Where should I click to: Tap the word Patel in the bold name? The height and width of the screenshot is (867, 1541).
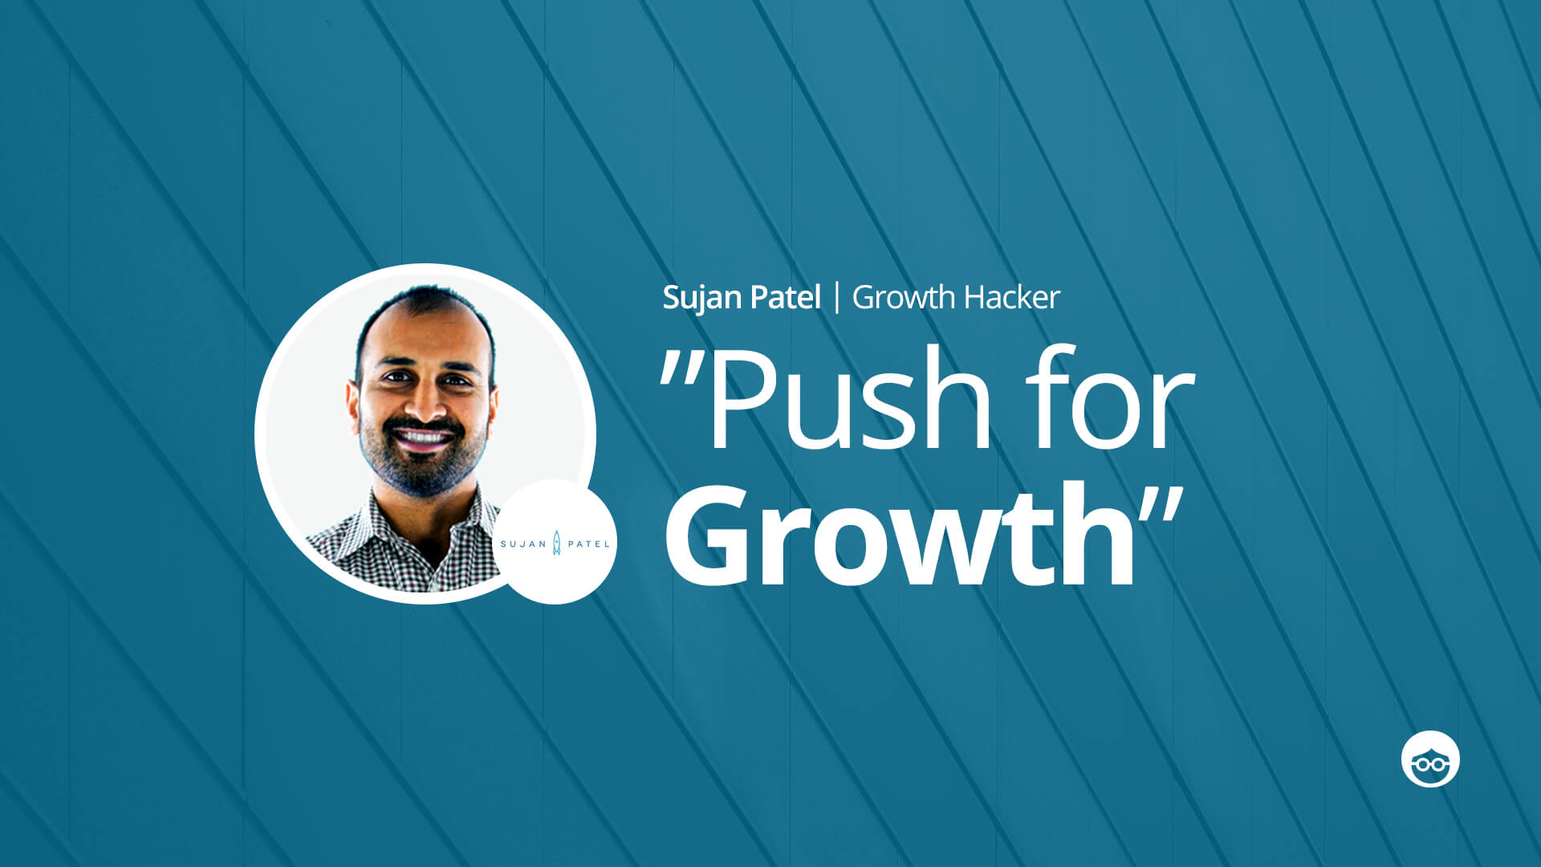[x=787, y=297]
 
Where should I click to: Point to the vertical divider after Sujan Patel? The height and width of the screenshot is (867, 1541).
[x=837, y=297]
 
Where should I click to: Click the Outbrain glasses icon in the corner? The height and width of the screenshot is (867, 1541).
[x=1430, y=759]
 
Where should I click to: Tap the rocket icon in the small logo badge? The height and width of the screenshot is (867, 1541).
[x=557, y=543]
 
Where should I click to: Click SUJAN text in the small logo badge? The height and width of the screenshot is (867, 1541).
[x=523, y=544]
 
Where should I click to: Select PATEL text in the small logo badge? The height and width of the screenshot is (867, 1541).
[x=588, y=544]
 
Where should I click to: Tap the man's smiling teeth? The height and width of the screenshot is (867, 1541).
[x=422, y=438]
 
